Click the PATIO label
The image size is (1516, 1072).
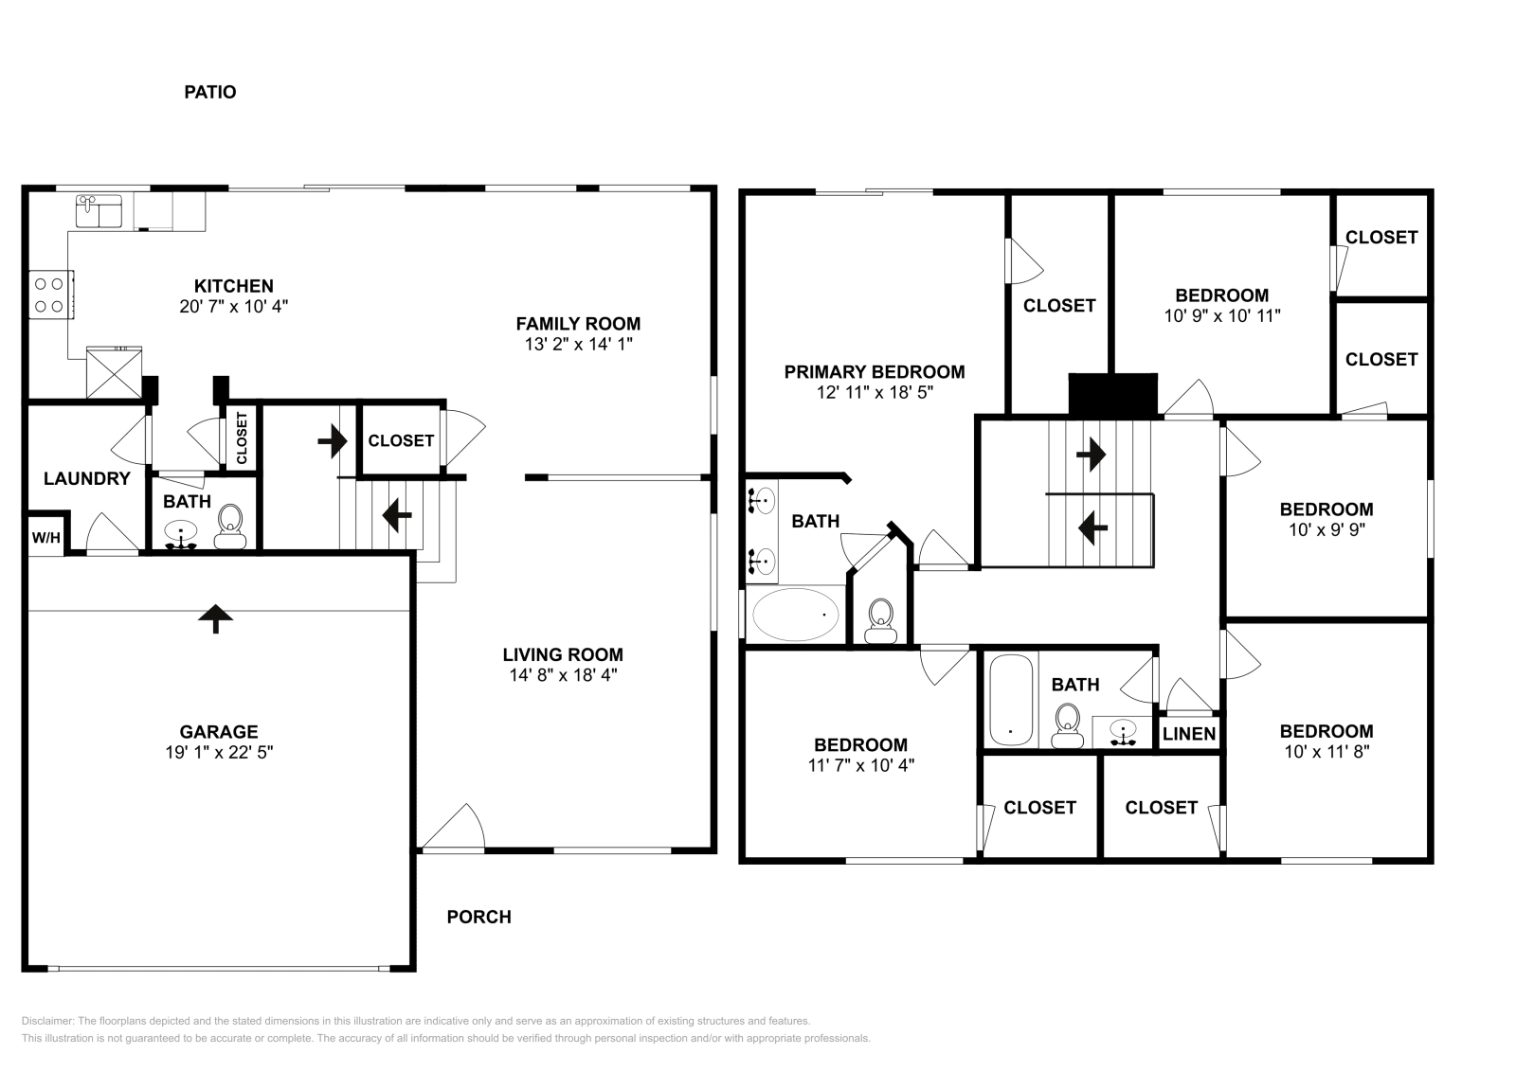209,92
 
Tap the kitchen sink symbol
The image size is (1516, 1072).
99,211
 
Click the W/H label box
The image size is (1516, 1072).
46,537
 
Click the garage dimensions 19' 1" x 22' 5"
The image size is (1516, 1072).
219,753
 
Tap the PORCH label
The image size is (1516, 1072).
478,917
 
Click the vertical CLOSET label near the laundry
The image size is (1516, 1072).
241,438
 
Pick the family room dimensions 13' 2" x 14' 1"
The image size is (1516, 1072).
578,345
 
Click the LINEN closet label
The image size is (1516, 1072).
1188,734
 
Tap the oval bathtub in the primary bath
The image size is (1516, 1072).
796,615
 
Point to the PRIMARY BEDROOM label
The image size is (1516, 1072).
874,372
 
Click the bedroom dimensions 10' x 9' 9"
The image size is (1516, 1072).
1326,530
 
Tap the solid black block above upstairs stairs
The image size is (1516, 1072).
1113,394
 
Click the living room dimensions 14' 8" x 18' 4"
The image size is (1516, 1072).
563,675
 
